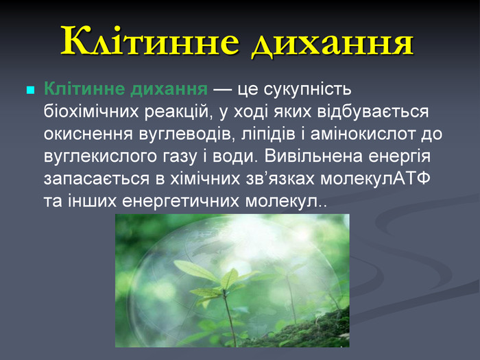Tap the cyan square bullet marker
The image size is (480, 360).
pyautogui.click(x=31, y=90)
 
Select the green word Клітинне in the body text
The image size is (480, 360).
pyautogui.click(x=84, y=88)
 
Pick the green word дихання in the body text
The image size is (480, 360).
pyautogui.click(x=169, y=90)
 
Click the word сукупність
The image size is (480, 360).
pyautogui.click(x=308, y=90)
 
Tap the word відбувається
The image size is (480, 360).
pyautogui.click(x=373, y=112)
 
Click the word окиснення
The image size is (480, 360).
pyautogui.click(x=88, y=134)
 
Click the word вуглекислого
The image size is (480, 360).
pyautogui.click(x=102, y=157)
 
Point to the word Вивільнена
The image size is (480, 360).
pyautogui.click(x=314, y=156)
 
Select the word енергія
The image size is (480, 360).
pyautogui.click(x=400, y=157)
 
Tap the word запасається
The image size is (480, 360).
pyautogui.click(x=97, y=179)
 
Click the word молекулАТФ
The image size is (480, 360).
pyautogui.click(x=375, y=178)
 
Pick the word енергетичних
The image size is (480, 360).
pyautogui.click(x=180, y=202)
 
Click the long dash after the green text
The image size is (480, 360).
pyautogui.click(x=223, y=91)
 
